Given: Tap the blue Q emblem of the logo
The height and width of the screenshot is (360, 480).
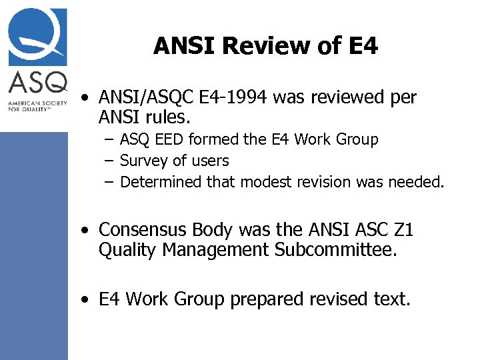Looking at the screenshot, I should pyautogui.click(x=37, y=37).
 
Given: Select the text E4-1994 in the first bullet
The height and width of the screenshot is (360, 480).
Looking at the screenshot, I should pyautogui.click(x=243, y=98).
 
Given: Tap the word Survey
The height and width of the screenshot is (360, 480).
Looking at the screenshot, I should pyautogui.click(x=143, y=161).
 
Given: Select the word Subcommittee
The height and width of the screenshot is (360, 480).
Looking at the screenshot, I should pyautogui.click(x=339, y=251).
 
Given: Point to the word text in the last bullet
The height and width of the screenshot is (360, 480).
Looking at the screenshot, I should pyautogui.click(x=389, y=300).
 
